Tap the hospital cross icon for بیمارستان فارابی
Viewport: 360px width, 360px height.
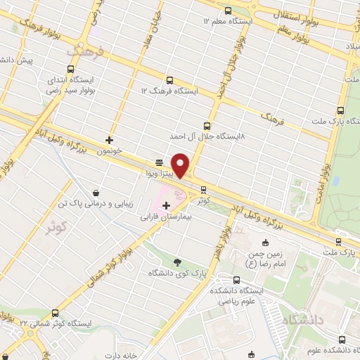point(166,205)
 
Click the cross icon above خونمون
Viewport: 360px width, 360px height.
point(109,139)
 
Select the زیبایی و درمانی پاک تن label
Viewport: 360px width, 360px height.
point(96,204)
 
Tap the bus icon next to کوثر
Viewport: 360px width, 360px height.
point(203,189)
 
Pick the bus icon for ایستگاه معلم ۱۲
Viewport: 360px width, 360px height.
point(229,10)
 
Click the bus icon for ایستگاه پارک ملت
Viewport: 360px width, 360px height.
point(341,110)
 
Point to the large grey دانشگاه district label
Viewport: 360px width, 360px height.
point(304,320)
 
